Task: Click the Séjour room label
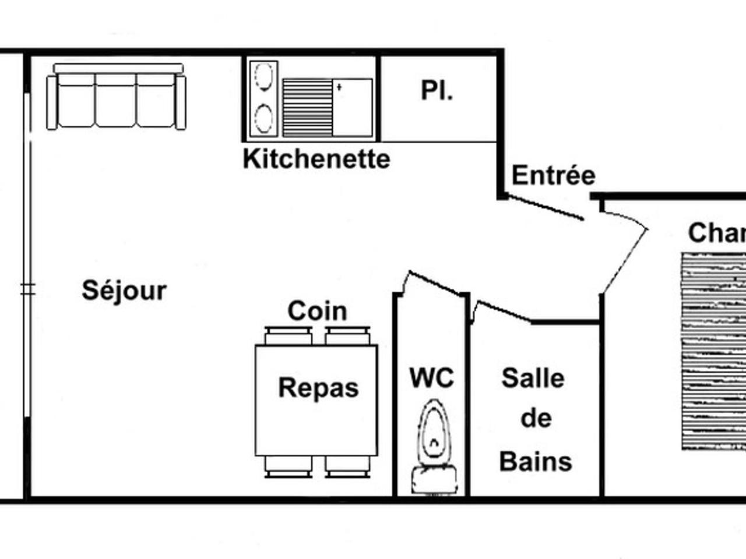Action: (x=124, y=290)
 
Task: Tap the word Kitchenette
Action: (x=316, y=158)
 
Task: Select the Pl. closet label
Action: (x=437, y=91)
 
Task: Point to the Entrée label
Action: (x=553, y=175)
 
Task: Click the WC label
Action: (x=431, y=377)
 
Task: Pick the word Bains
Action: (x=536, y=461)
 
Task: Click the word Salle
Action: (x=533, y=378)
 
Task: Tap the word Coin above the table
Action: (x=317, y=311)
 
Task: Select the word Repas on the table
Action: (x=318, y=388)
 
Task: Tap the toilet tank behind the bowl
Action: (x=434, y=479)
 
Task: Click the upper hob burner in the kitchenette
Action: (x=264, y=76)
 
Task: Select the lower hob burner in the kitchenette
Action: (x=264, y=118)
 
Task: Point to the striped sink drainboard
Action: (x=307, y=108)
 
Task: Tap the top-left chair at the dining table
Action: (x=288, y=337)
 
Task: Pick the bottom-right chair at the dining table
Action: (x=348, y=466)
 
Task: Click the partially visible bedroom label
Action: (x=716, y=233)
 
